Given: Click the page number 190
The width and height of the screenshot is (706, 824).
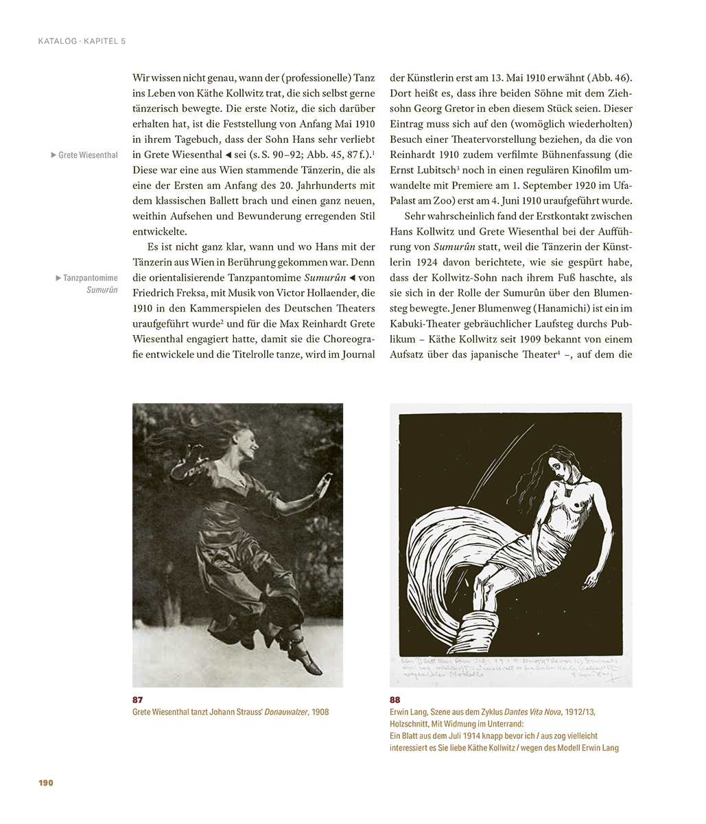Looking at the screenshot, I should pos(46,783).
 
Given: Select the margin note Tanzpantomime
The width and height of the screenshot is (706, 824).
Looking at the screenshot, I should pos(90,278).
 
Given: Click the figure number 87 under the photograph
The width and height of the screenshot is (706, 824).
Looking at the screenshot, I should pos(139,699).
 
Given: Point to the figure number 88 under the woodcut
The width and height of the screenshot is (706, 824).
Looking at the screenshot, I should pos(396,699).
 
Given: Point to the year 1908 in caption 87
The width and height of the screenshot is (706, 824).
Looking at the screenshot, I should pos(320,712).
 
